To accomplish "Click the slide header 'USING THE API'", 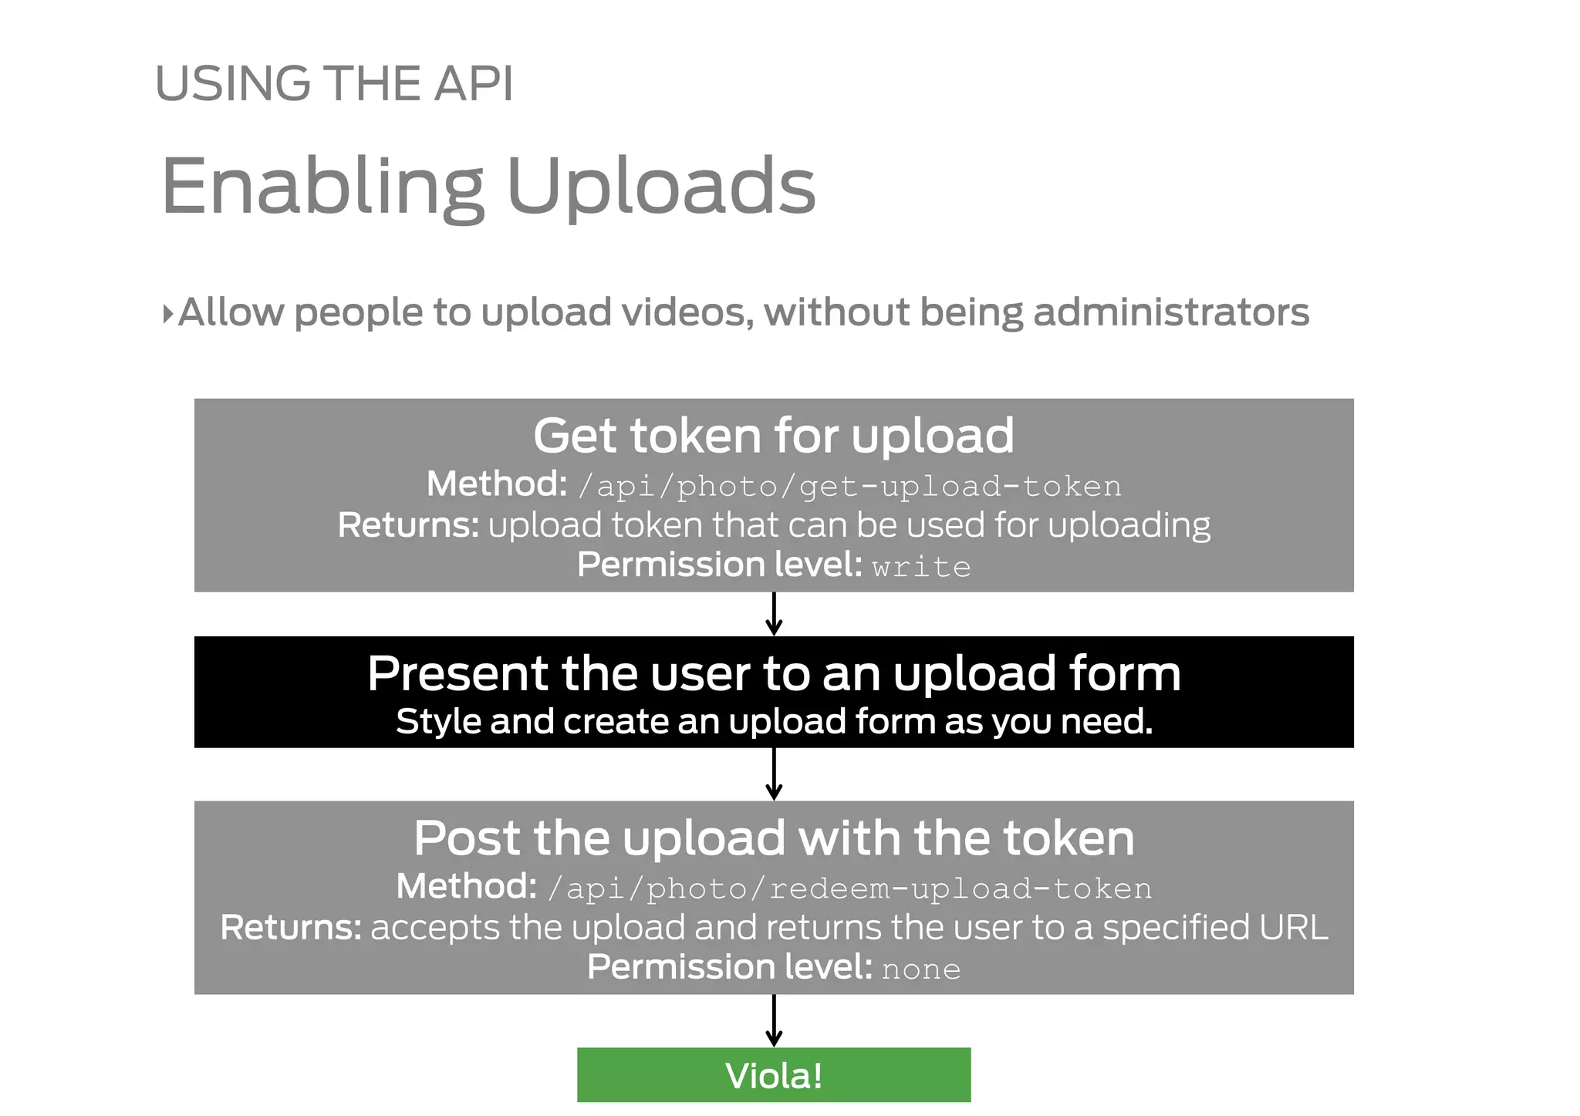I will click(334, 83).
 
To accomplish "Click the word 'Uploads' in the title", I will click(660, 187).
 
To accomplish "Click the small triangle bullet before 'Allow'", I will click(167, 314).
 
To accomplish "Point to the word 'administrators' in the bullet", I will click(1170, 313).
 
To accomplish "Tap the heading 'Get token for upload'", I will click(773, 436).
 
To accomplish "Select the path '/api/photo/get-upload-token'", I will click(849, 487).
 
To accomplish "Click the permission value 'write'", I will click(921, 567).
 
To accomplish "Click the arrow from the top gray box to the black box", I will click(774, 614).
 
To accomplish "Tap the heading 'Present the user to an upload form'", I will click(774, 673).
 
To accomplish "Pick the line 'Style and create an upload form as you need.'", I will click(774, 722).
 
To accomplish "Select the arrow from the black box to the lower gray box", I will click(774, 774).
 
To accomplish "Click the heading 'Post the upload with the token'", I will click(774, 838).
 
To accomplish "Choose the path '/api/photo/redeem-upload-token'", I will click(849, 889).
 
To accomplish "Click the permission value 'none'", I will click(921, 969).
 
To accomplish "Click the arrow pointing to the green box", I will click(774, 1020).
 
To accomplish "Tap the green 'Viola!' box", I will click(774, 1075).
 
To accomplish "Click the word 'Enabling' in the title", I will click(322, 187).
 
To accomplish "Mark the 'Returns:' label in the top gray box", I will click(408, 525).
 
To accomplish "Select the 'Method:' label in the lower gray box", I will click(466, 887).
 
